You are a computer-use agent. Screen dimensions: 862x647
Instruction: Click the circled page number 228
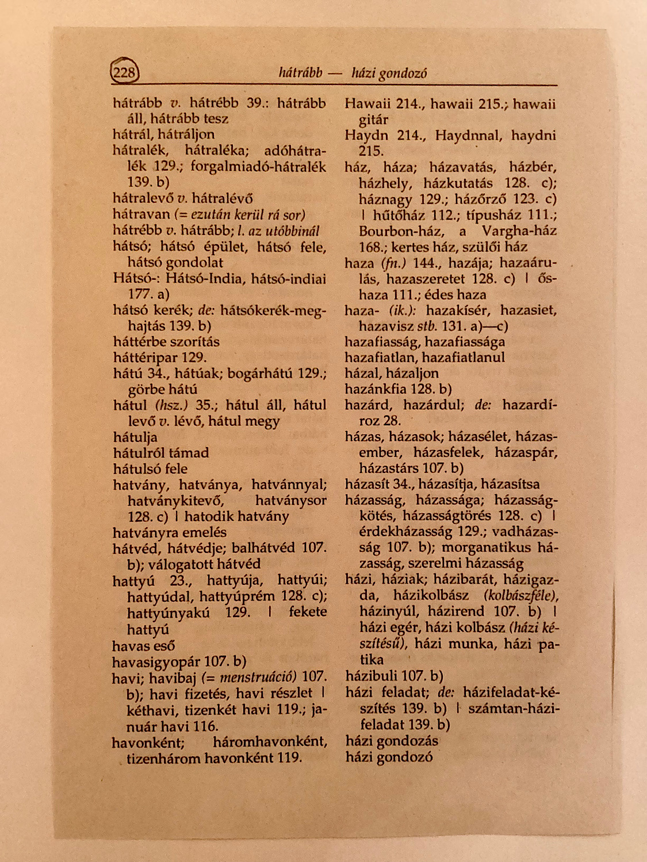(124, 72)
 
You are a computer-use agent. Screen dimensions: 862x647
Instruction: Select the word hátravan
(141, 214)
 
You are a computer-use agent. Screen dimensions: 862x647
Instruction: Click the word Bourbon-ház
(401, 231)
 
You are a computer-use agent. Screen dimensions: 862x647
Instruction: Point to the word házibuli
(372, 676)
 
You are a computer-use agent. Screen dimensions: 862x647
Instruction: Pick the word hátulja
(135, 437)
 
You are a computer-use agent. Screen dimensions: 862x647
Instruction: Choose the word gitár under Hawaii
(373, 120)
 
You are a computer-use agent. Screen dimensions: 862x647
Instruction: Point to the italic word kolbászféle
(521, 595)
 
